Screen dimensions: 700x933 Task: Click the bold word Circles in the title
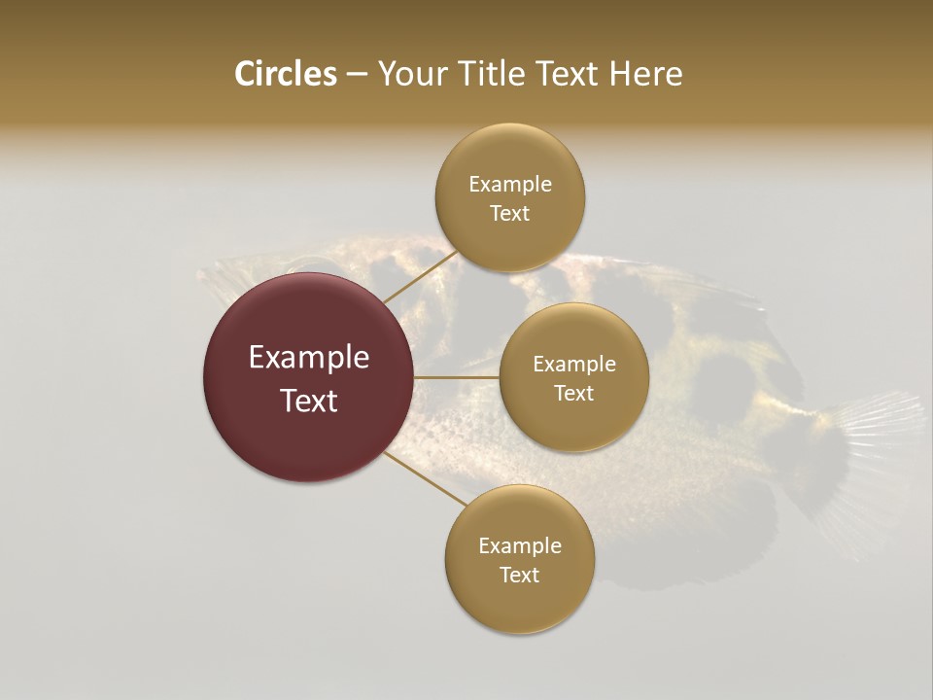pyautogui.click(x=286, y=74)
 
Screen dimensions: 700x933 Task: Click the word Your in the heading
pyautogui.click(x=412, y=74)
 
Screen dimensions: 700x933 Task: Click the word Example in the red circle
pyautogui.click(x=309, y=358)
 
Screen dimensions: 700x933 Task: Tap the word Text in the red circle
pyautogui.click(x=309, y=401)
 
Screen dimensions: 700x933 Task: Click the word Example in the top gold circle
pyautogui.click(x=510, y=185)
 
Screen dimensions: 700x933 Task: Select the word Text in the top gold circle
pyautogui.click(x=509, y=214)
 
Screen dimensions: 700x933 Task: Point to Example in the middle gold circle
pyautogui.click(x=574, y=365)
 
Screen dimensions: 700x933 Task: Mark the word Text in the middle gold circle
pyautogui.click(x=573, y=393)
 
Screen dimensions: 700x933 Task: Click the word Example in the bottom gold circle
pyautogui.click(x=520, y=546)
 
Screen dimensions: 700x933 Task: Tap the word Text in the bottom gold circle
pyautogui.click(x=519, y=575)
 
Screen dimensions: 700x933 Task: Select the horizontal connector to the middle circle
pyautogui.click(x=457, y=377)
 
